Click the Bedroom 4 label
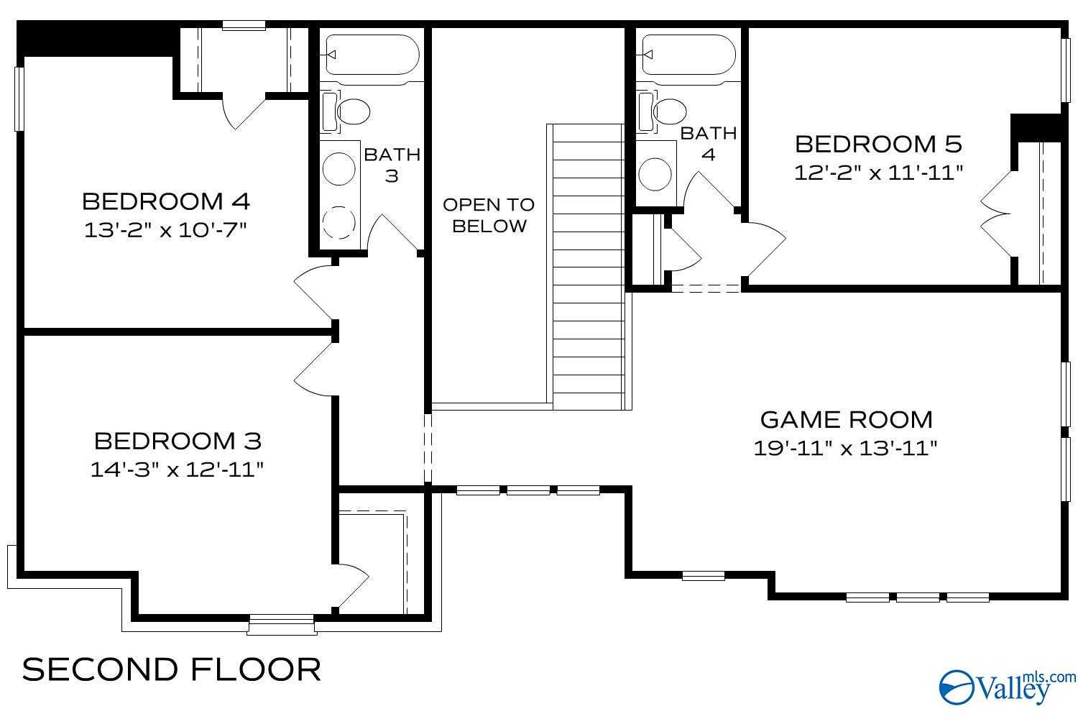click(x=166, y=201)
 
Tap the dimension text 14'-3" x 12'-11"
click(x=177, y=470)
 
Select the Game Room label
click(x=846, y=419)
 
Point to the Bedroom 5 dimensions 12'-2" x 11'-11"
click(x=877, y=173)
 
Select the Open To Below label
click(x=489, y=215)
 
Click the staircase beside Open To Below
click(x=588, y=266)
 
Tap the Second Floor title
click(x=172, y=669)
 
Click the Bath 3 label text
click(x=392, y=165)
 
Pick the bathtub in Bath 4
click(x=688, y=55)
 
